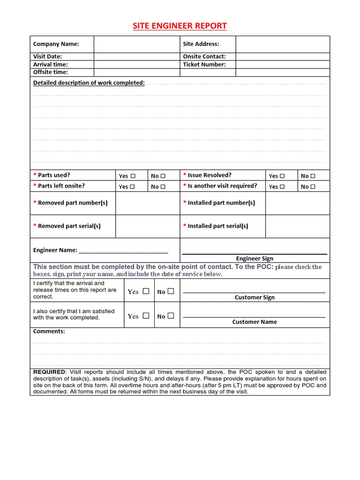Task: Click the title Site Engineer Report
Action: pos(180,26)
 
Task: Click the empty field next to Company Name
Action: pos(137,44)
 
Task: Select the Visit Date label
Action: pos(48,56)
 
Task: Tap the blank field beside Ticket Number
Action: pos(283,64)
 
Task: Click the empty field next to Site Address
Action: pos(283,44)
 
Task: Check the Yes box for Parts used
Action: pos(133,176)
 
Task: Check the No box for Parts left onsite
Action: pos(163,187)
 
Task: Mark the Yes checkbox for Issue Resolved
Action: pos(282,176)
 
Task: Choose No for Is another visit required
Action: pos(313,187)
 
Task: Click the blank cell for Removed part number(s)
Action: pos(148,203)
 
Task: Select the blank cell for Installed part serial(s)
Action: pos(298,226)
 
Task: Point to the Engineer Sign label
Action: pos(255,258)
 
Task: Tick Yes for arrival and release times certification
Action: pos(146,291)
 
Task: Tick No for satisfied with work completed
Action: pos(171,316)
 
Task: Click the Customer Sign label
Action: pos(255,297)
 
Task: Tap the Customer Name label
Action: pos(255,322)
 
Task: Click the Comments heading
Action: pos(49,331)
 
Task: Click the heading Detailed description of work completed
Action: pos(89,82)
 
